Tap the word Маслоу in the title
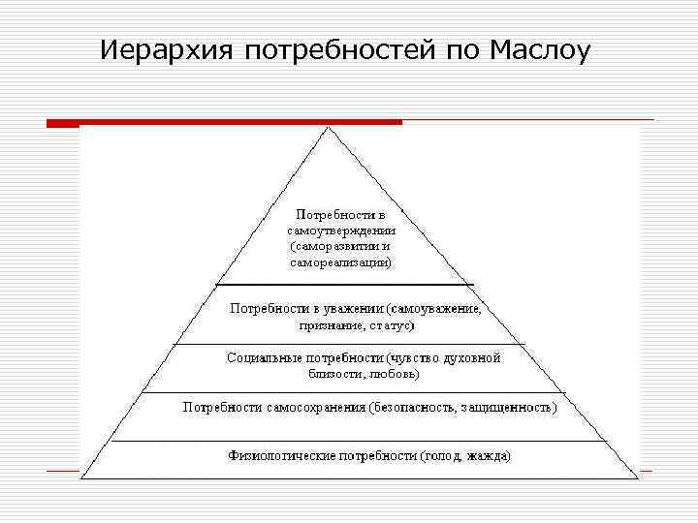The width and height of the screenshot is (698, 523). pyautogui.click(x=537, y=49)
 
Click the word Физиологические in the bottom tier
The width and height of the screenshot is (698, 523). pyautogui.click(x=281, y=454)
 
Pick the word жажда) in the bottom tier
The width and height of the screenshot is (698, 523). pyautogui.click(x=489, y=454)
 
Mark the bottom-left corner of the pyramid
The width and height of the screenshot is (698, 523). pyautogui.click(x=81, y=477)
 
